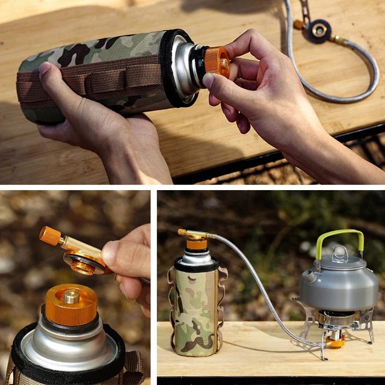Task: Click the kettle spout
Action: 308,276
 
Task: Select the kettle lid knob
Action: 340,253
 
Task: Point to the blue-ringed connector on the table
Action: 319,30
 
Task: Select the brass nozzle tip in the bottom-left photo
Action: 72,296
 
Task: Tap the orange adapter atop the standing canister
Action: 196,243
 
